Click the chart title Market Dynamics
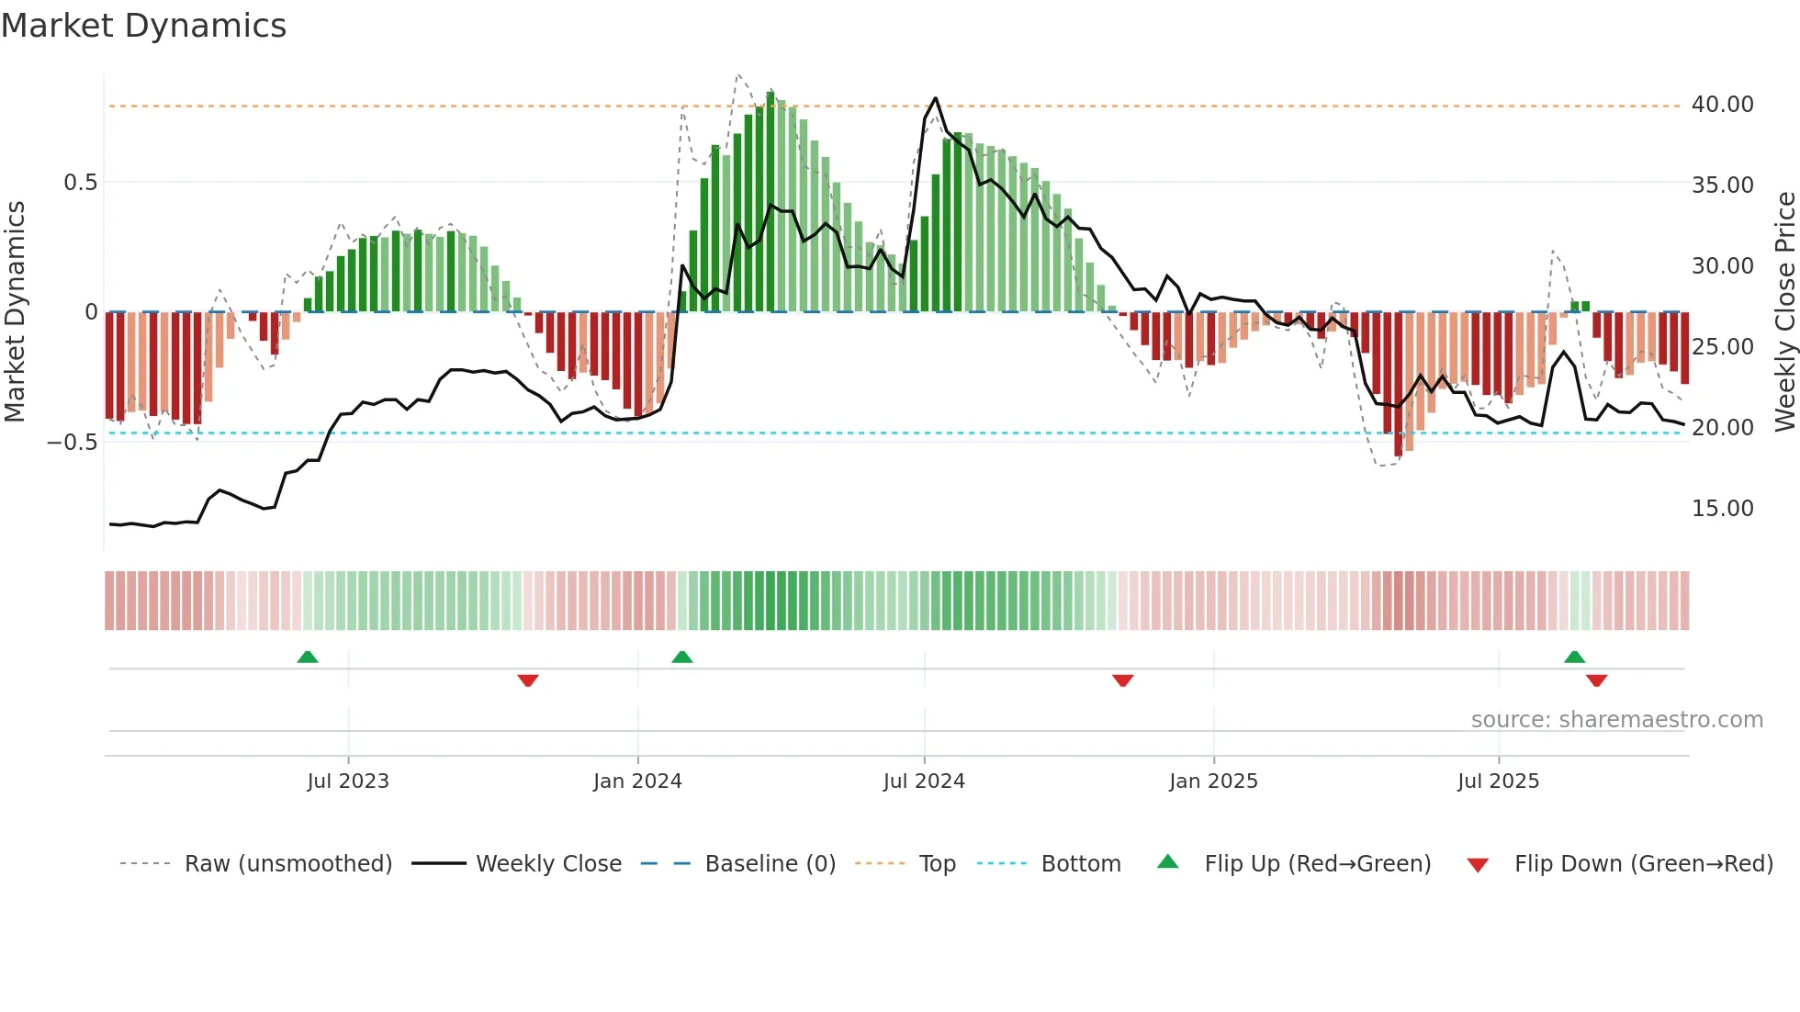pos(143,26)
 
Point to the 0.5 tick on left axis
pos(80,183)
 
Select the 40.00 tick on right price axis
pos(1722,105)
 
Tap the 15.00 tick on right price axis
pos(1722,509)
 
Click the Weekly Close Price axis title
pos(1784,312)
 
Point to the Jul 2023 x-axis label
pos(348,781)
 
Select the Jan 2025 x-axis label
pos(1213,781)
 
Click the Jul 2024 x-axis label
pos(924,781)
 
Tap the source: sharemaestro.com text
pos(1616,720)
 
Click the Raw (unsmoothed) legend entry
pos(287,864)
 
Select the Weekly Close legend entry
pos(548,864)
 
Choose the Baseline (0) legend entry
pos(770,864)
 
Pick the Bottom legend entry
pos(1080,864)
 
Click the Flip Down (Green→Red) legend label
pos(1643,864)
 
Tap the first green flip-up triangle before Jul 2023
pos(308,658)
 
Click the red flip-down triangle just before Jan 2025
pos(1122,680)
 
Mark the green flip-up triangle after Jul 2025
pos(1574,658)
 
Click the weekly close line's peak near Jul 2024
pos(935,98)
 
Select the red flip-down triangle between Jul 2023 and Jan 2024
pos(528,680)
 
